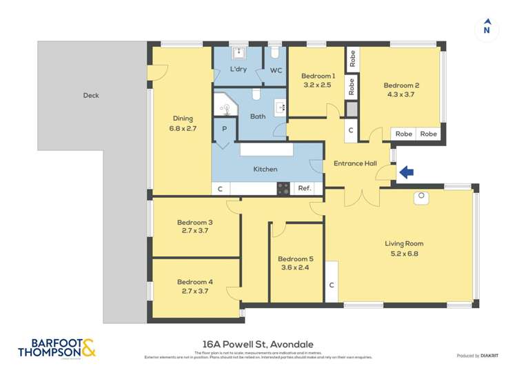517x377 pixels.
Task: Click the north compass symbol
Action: click(487, 28)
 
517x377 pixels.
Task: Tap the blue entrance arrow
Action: click(406, 172)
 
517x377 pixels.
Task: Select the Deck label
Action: click(91, 95)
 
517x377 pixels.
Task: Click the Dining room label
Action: click(183, 118)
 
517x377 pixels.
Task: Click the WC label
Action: click(276, 70)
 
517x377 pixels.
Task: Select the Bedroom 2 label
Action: click(401, 85)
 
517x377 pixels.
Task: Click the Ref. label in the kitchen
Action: click(304, 188)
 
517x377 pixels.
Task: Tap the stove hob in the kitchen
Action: click(283, 188)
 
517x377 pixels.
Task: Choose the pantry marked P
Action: click(225, 129)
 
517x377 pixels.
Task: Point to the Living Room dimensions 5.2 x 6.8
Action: click(404, 253)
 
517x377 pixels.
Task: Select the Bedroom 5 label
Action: click(296, 258)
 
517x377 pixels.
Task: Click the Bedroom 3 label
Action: click(194, 222)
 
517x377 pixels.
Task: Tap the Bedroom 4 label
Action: click(194, 281)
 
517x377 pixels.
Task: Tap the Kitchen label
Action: click(265, 169)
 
